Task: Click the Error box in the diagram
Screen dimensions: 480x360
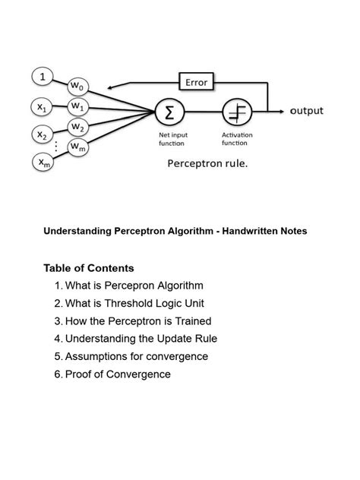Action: (x=196, y=82)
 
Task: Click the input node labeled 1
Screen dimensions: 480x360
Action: (x=43, y=77)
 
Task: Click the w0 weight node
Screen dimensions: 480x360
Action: (x=78, y=86)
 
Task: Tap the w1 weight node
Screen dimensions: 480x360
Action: (x=78, y=106)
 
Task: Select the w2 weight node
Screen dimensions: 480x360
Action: (x=78, y=126)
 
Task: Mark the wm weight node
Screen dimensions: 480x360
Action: (x=78, y=146)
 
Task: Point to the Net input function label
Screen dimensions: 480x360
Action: (x=173, y=139)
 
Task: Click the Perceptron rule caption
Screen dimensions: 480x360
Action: (x=207, y=163)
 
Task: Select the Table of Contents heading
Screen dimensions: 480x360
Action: (x=89, y=268)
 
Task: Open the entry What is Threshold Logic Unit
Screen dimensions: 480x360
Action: (x=135, y=303)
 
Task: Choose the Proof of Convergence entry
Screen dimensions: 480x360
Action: (x=118, y=374)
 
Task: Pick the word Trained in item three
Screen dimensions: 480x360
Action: (x=193, y=321)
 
